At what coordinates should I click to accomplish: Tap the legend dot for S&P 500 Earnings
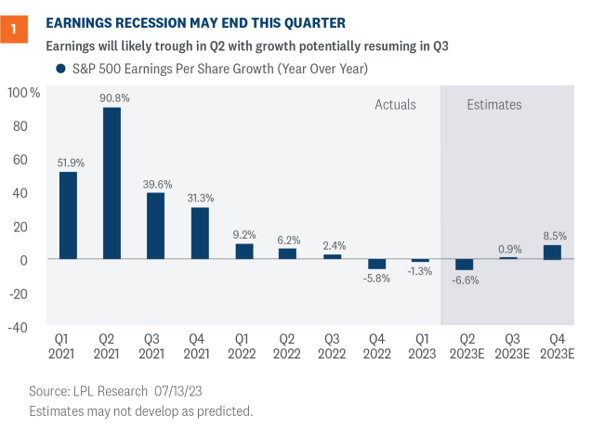click(x=60, y=69)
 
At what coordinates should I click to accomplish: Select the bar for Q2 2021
click(x=112, y=183)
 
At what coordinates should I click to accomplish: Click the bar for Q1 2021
click(x=68, y=215)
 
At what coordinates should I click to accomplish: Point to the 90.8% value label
click(x=112, y=97)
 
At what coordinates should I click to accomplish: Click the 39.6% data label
click(x=155, y=182)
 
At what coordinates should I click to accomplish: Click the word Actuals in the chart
click(x=395, y=105)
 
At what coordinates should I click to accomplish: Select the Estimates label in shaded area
click(x=493, y=105)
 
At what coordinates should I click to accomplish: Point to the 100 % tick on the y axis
click(x=24, y=93)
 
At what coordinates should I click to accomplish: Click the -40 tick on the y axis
click(x=20, y=327)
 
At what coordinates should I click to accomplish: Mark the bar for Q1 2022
click(x=243, y=252)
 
